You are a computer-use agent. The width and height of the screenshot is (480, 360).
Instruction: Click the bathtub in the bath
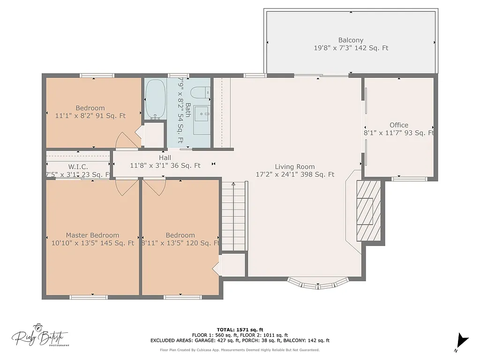(155, 99)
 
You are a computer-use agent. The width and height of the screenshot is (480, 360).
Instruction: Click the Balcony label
(351, 40)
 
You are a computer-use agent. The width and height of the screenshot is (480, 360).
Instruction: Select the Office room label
(399, 125)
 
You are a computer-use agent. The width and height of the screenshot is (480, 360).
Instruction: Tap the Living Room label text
(294, 167)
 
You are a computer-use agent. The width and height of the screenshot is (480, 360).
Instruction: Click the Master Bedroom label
(92, 235)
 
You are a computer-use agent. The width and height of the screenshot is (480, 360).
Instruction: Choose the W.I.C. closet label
(78, 167)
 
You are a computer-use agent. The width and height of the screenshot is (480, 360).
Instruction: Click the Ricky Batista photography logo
(40, 336)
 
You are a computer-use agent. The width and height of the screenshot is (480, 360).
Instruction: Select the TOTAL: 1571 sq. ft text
(240, 330)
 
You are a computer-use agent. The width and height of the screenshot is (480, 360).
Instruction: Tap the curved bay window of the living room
(318, 284)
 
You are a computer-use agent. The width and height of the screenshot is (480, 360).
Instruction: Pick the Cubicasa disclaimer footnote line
(240, 350)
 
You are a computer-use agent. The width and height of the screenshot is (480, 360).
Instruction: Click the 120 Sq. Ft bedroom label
(180, 243)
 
